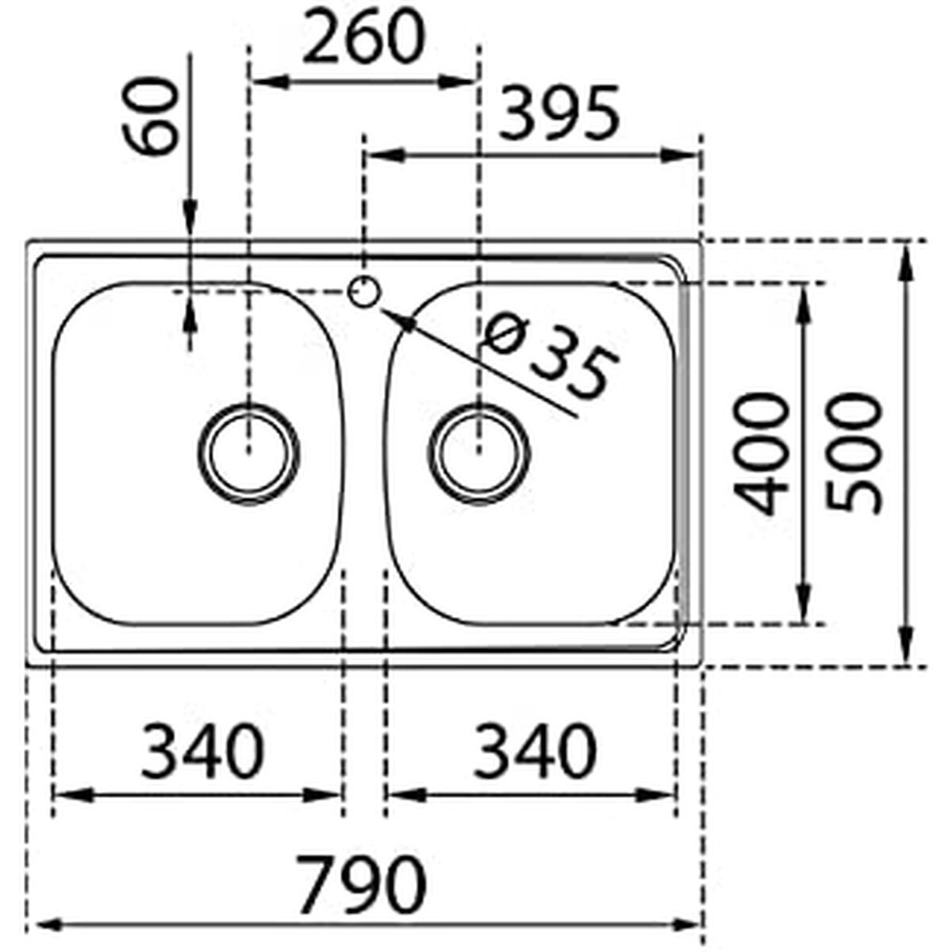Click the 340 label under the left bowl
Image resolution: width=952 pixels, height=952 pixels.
pos(202,750)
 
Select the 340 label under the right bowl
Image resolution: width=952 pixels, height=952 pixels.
pos(533,750)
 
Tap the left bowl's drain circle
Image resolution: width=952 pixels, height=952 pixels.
pos(248,453)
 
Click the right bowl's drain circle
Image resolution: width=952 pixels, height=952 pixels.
pos(479,453)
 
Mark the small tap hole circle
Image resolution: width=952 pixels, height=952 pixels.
pos(363,292)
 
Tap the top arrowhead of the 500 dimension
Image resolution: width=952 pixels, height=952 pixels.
pos(904,259)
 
